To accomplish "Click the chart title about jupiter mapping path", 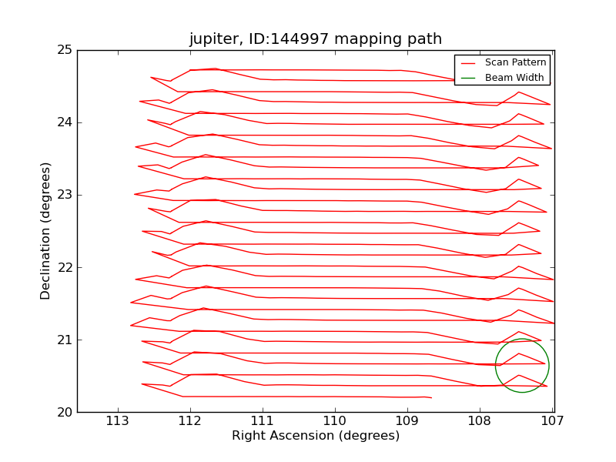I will [316, 39].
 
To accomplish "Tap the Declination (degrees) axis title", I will [46, 231].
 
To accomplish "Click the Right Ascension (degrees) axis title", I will [316, 436].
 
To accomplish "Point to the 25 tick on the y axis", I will [65, 50].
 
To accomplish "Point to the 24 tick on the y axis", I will [65, 122].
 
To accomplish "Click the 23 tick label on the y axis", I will [65, 195].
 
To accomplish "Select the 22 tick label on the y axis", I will [65, 267].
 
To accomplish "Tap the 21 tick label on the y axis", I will [65, 340].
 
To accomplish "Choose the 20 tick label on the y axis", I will [65, 412].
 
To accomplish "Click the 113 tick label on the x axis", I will [118, 421].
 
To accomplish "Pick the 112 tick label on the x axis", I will [190, 421].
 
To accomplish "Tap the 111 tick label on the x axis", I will [263, 421].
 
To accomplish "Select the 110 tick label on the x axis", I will [335, 421].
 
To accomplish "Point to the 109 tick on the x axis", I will [407, 421].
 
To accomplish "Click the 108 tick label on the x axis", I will [480, 421].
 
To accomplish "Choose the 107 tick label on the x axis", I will [552, 421].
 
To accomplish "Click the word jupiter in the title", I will [214, 40].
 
